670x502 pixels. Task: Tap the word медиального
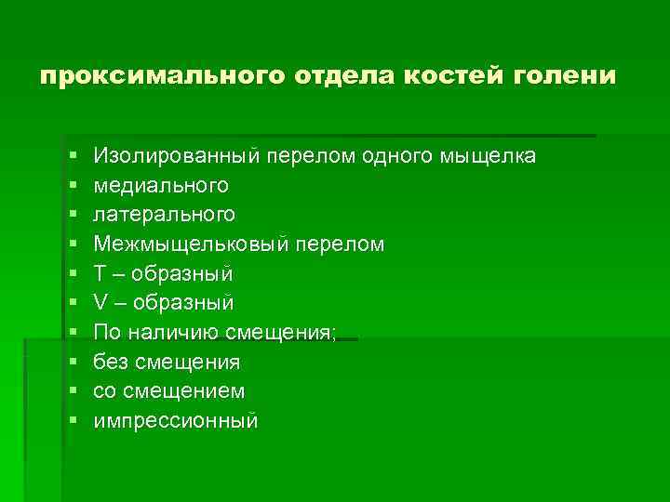(x=161, y=185)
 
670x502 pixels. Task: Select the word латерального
(x=164, y=215)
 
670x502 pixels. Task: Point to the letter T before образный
(x=100, y=273)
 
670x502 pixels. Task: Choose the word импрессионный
(x=175, y=421)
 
